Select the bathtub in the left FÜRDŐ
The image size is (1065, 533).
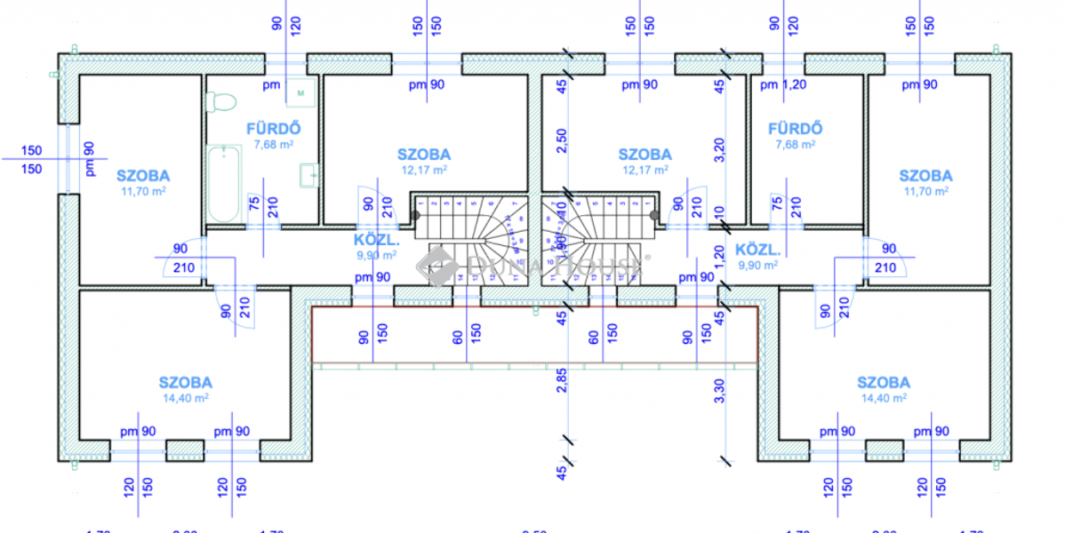coord(222,184)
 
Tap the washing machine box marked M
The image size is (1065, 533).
coord(300,91)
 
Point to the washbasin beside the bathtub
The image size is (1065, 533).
coord(309,175)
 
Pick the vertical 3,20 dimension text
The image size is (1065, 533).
coord(721,147)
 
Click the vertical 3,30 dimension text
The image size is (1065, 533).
coord(721,391)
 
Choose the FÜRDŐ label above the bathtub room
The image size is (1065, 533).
coord(268,129)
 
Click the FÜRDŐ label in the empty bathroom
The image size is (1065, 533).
coord(795,129)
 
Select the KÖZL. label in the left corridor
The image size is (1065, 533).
coord(373,240)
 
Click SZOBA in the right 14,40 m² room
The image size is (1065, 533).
coord(883,383)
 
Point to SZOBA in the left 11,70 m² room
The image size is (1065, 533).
coord(142,176)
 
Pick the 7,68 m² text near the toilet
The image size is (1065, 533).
coord(274,144)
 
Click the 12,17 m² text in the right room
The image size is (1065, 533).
coord(645,169)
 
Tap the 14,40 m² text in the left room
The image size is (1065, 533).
coord(186,399)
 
